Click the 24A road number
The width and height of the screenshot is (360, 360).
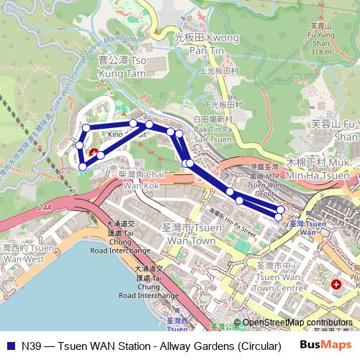click(x=48, y=206)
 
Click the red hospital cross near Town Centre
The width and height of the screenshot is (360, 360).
click(x=336, y=285)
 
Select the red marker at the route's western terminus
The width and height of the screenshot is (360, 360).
click(x=93, y=153)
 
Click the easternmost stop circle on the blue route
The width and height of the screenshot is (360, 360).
click(x=280, y=215)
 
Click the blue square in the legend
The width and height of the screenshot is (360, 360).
click(x=9, y=346)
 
